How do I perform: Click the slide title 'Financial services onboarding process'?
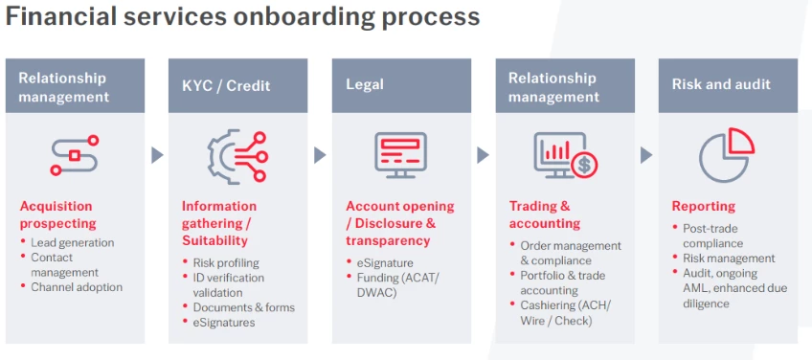(242, 17)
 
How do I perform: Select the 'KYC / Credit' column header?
(226, 85)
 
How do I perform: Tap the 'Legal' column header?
(365, 85)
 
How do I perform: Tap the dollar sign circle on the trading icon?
(583, 166)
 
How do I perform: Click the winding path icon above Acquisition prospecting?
(75, 155)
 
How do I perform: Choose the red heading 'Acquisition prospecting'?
(57, 214)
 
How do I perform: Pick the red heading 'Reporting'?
(703, 206)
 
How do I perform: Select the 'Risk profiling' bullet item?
(226, 262)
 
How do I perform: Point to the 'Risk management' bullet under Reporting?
(729, 258)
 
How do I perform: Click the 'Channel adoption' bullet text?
(77, 286)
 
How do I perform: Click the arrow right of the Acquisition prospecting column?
(157, 154)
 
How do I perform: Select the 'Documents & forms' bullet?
(243, 307)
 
